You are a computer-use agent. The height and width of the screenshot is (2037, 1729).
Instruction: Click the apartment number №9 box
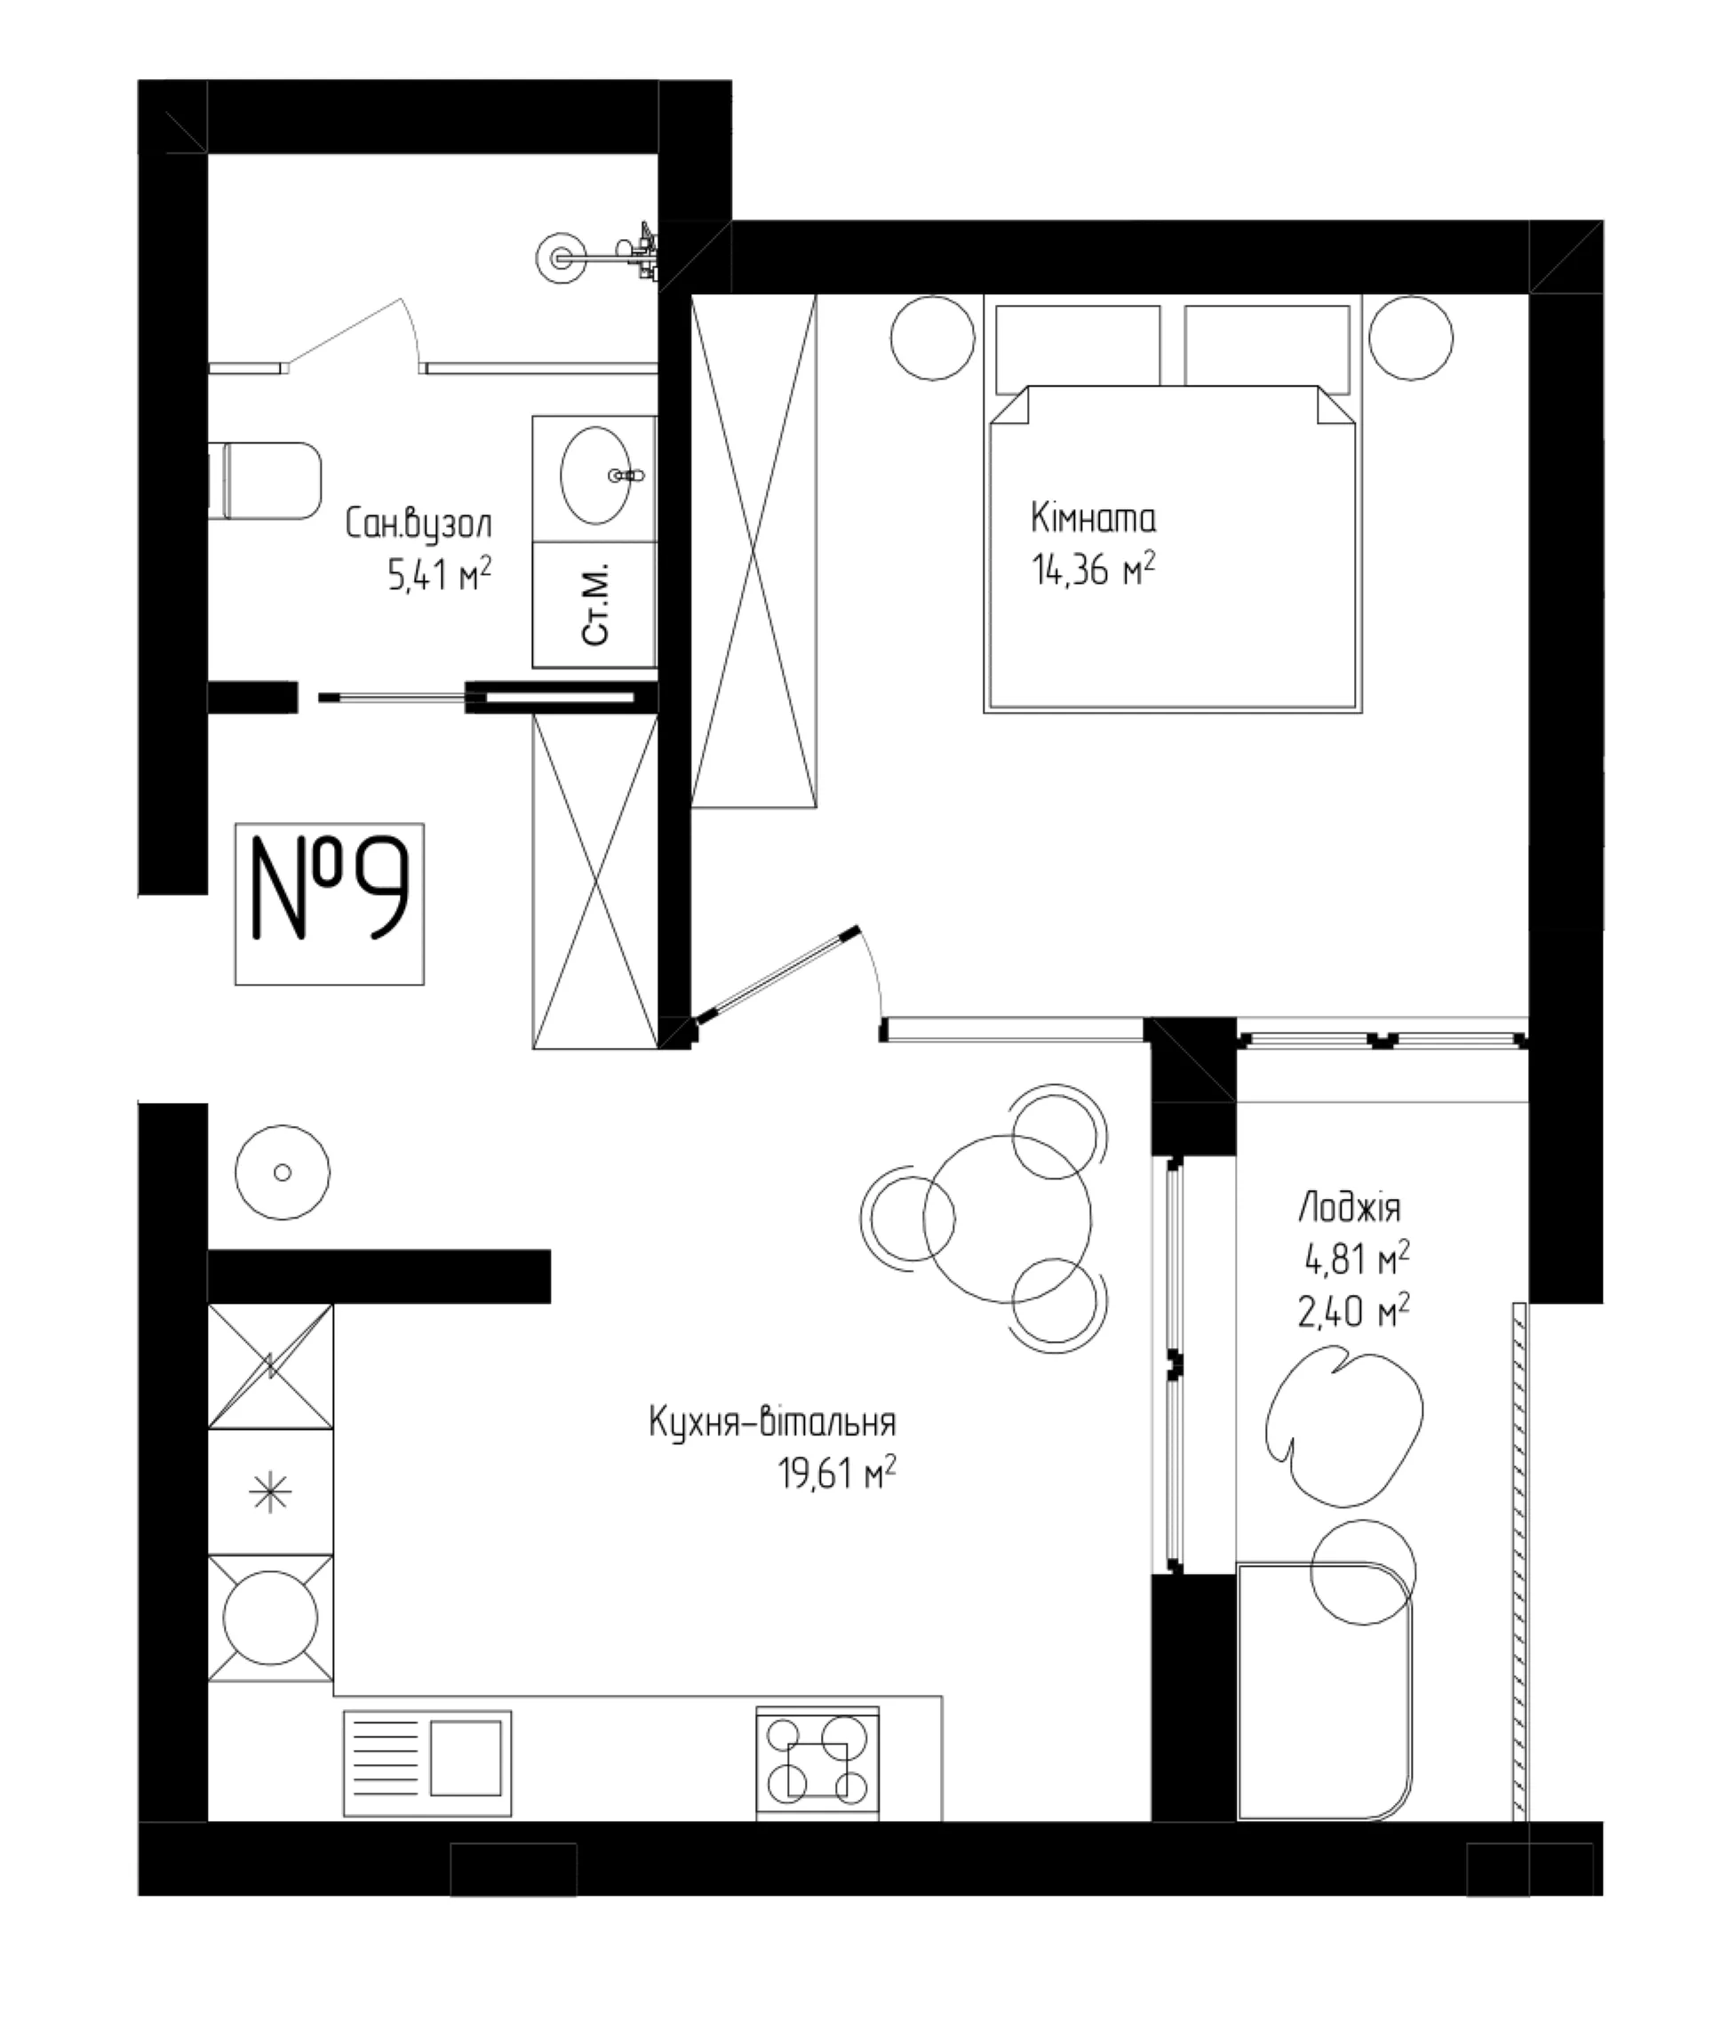coord(330,903)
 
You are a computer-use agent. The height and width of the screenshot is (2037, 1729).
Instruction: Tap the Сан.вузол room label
coord(418,525)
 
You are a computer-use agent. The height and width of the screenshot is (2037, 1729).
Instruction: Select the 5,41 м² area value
coord(439,574)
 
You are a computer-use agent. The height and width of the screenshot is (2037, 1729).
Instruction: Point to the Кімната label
coord(1093,517)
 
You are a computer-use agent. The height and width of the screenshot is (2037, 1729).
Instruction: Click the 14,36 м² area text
coord(1093,569)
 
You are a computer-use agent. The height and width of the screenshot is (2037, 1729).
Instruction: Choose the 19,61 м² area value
coord(837,1474)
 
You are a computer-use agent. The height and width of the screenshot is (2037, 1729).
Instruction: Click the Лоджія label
coord(1350,1209)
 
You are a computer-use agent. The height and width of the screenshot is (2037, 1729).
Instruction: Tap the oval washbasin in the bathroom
coord(595,475)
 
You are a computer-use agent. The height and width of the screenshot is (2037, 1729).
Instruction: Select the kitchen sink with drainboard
coord(427,1763)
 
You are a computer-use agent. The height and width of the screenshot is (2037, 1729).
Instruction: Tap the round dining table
coord(1007,1219)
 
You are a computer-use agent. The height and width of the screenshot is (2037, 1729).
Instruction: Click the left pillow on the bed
coord(1078,345)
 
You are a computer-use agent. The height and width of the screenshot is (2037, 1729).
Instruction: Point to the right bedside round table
coord(1410,339)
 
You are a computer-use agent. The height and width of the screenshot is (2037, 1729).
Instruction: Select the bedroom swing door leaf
coord(776,974)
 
